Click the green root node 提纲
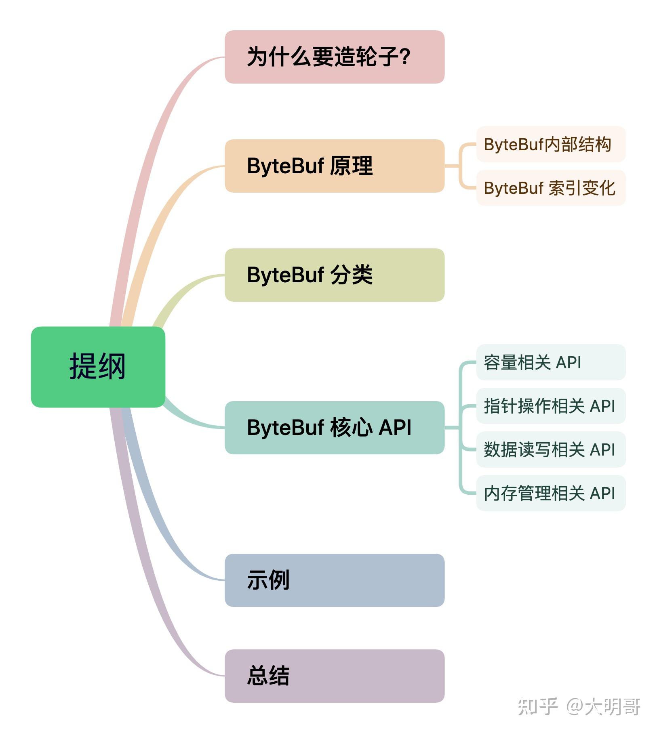pos(98,367)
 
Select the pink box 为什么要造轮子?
pos(334,57)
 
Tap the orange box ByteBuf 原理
pos(334,166)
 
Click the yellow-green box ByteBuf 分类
pos(334,275)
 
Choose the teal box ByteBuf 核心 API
pos(334,427)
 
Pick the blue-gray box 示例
pos(334,580)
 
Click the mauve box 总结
pos(334,676)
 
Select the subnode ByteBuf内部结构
pos(550,144)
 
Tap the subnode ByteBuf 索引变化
pos(550,188)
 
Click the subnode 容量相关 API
pos(550,362)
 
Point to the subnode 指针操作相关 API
pos(550,406)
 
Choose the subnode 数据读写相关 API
pos(550,449)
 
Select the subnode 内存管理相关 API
pos(550,493)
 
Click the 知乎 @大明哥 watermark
pos(579,706)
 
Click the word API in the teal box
pos(395,427)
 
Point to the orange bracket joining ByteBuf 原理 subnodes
pos(460,166)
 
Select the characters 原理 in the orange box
pos(351,166)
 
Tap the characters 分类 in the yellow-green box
pos(351,275)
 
